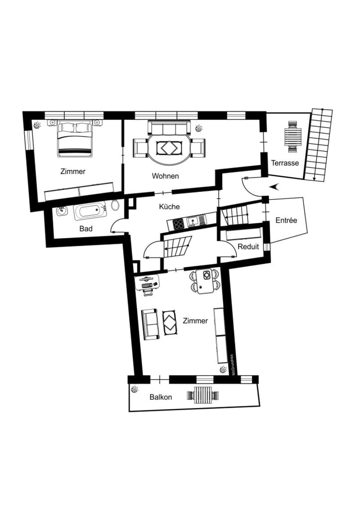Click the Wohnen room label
pos(165,176)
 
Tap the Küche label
pos(169,207)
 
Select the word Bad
pos(85,229)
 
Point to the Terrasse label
pos(285,163)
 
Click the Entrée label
pos(286,221)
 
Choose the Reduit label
pos(248,247)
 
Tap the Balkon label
pos(161,397)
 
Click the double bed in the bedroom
pos(74,139)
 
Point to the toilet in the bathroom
pos(115,206)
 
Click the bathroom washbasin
pos(61,212)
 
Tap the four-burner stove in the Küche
pos(179,224)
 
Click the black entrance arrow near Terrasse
pos(274,186)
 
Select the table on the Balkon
pos(203,396)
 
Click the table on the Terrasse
pos(293,137)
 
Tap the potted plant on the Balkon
pos(134,389)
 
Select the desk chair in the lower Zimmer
pos(148,292)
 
